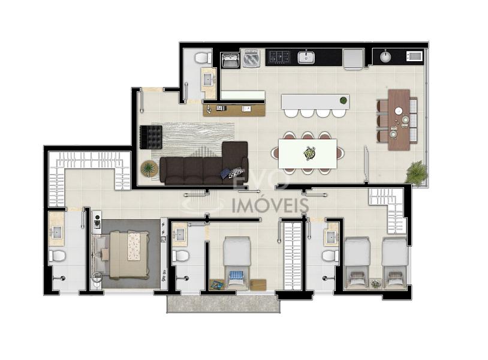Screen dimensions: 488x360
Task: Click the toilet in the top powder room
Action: (x=203, y=58)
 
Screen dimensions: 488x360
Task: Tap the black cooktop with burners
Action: (x=279, y=56)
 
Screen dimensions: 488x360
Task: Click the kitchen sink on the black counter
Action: (x=306, y=57)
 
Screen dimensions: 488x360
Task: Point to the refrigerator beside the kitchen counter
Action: (x=354, y=59)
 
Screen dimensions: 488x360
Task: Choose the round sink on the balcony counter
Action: (x=386, y=56)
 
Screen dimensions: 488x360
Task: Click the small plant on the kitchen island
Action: (x=344, y=100)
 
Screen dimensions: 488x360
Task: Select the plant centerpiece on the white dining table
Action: (x=309, y=154)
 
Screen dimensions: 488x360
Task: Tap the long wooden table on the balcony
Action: (x=399, y=120)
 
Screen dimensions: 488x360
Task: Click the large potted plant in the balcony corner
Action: (x=416, y=173)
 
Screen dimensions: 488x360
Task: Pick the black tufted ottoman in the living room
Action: (x=151, y=137)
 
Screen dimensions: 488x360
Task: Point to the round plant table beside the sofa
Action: (x=149, y=169)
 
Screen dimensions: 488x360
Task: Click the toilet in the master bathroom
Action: (x=57, y=256)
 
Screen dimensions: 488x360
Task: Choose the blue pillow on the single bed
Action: (x=236, y=275)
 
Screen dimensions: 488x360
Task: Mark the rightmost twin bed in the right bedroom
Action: (x=394, y=263)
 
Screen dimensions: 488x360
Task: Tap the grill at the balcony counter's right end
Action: (x=414, y=56)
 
